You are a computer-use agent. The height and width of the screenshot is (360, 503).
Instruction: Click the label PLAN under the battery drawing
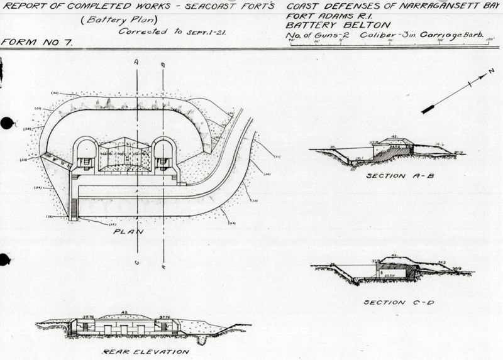tap(128, 231)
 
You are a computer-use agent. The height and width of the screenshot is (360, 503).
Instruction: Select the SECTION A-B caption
tap(394, 176)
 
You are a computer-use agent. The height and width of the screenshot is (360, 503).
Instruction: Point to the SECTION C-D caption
tap(394, 302)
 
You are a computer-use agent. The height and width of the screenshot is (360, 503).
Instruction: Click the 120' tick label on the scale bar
tap(490, 40)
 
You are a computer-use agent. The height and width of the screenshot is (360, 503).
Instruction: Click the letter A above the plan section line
tap(136, 63)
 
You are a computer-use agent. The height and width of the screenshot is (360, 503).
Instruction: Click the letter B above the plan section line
tap(163, 64)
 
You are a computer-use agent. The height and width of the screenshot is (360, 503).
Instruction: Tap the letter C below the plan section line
tap(136, 263)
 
